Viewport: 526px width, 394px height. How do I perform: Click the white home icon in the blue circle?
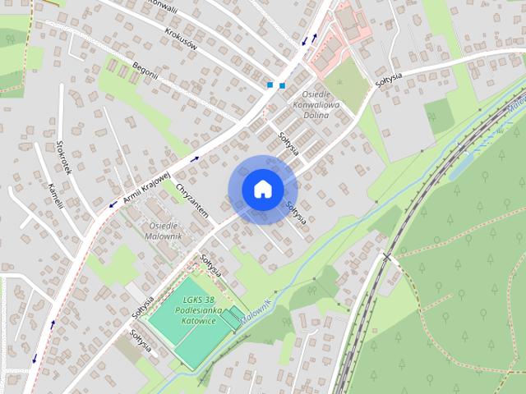pyautogui.click(x=262, y=189)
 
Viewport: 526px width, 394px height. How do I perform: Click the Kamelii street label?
pyautogui.click(x=56, y=198)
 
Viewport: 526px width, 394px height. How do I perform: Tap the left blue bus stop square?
pyautogui.click(x=270, y=85)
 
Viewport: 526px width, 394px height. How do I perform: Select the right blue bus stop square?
pyautogui.click(x=282, y=85)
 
